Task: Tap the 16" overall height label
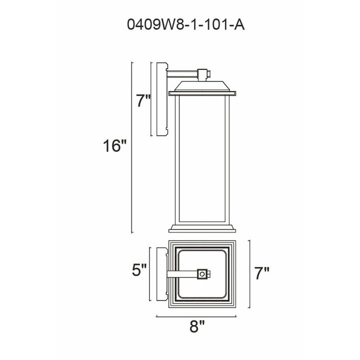(x=113, y=146)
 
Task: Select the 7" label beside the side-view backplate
(x=143, y=101)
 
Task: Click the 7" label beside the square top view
(x=261, y=273)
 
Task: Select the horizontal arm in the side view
(x=182, y=74)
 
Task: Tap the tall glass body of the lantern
(x=202, y=160)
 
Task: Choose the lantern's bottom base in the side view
(x=202, y=229)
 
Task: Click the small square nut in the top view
(x=202, y=273)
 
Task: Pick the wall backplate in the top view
(x=161, y=273)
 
